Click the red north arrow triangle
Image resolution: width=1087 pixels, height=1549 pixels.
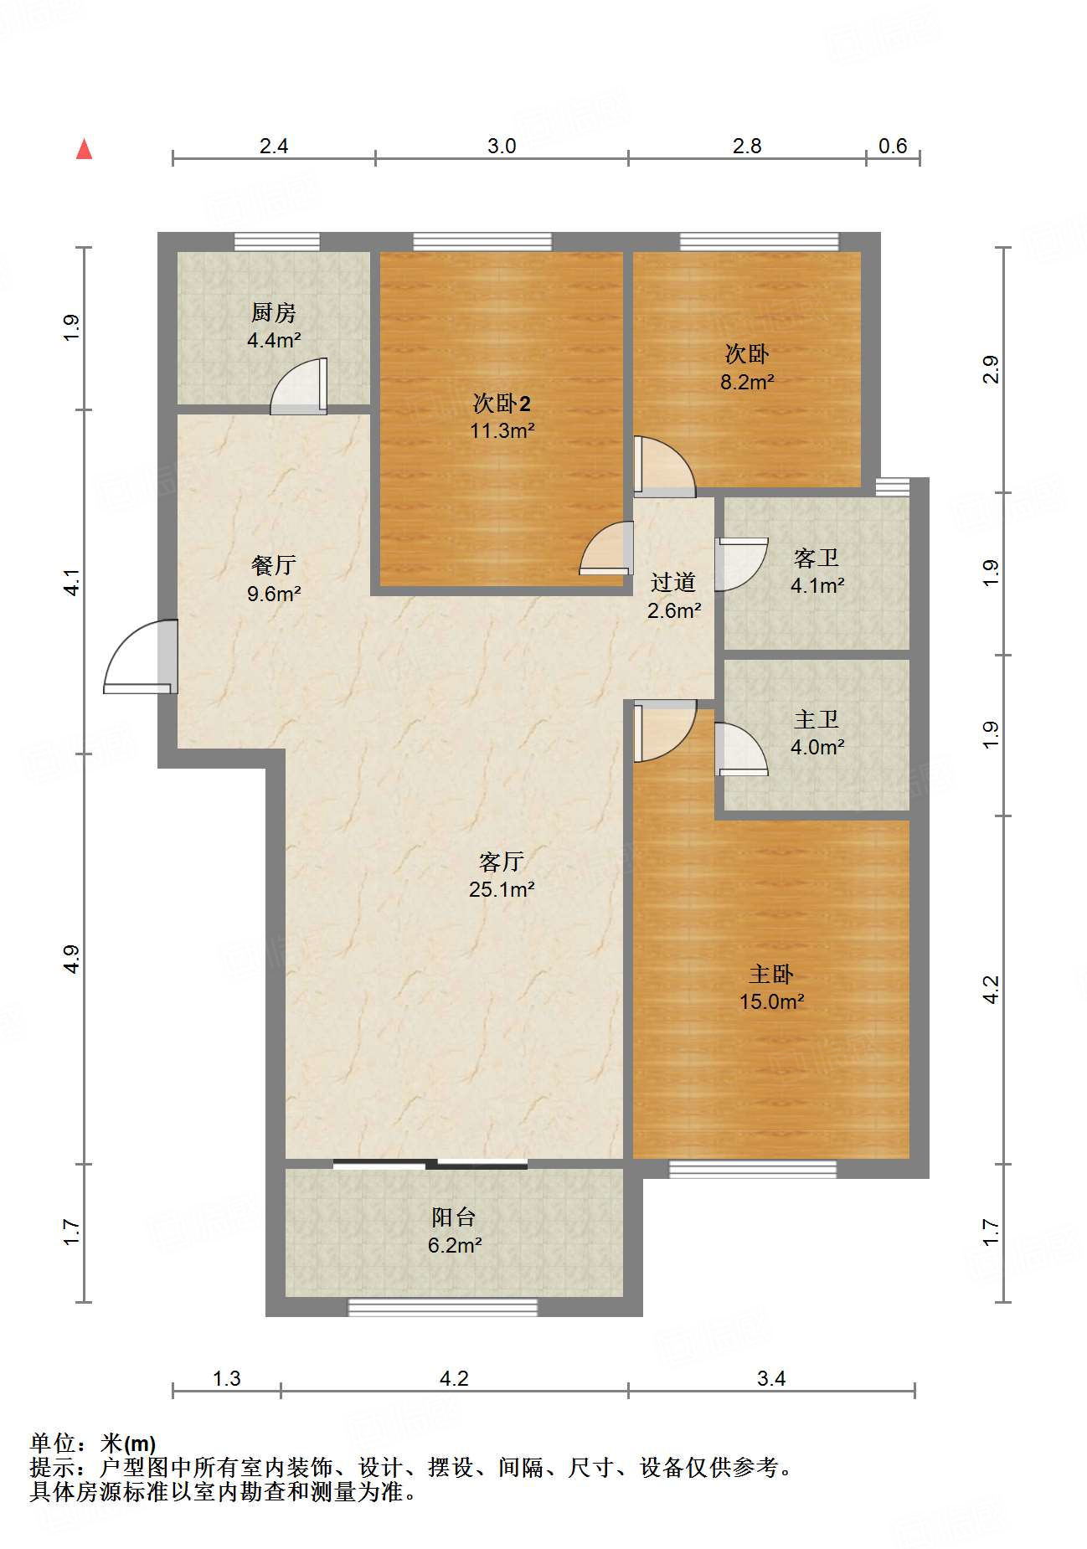coord(84,149)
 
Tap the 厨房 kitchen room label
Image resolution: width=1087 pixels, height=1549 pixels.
coord(274,312)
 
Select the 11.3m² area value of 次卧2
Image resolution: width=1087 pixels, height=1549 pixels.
coord(502,431)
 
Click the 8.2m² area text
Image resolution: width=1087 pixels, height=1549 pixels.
coord(747,382)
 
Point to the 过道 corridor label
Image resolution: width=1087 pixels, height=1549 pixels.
coord(673,582)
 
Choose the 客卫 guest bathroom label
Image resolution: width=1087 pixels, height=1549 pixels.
coord(817,558)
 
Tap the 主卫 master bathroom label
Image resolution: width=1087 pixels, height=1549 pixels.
coord(817,719)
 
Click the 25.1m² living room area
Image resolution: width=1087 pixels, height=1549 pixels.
coord(502,889)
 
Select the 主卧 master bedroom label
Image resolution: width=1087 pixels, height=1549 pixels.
coord(771,974)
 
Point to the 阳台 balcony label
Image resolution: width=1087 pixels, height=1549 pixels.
coord(454,1217)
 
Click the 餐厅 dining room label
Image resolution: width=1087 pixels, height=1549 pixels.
coord(274,565)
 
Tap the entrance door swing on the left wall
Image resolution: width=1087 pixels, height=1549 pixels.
coord(141,656)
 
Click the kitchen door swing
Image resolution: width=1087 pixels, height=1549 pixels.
coord(299,386)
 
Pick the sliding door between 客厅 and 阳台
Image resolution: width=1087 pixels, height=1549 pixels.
coord(430,1164)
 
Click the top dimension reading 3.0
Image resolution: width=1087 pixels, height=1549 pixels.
coord(502,147)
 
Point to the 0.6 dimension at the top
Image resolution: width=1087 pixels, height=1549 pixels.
coord(893,147)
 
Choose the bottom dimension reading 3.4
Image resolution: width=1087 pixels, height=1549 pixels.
coord(771,1379)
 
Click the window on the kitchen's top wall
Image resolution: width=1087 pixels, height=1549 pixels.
coord(276,242)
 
